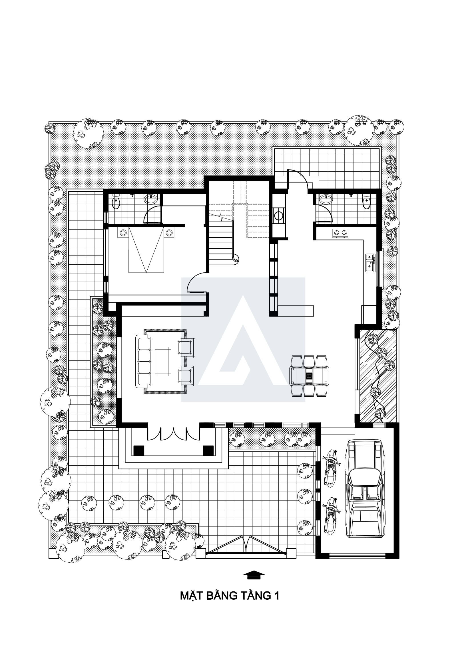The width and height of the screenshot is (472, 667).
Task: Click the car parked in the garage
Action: [x=365, y=487]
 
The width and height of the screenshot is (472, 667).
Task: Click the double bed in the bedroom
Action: [x=146, y=250]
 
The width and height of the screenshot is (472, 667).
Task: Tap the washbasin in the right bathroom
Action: [x=326, y=199]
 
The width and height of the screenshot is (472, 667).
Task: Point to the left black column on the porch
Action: [x=139, y=451]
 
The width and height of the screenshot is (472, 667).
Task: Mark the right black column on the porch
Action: [x=208, y=451]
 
